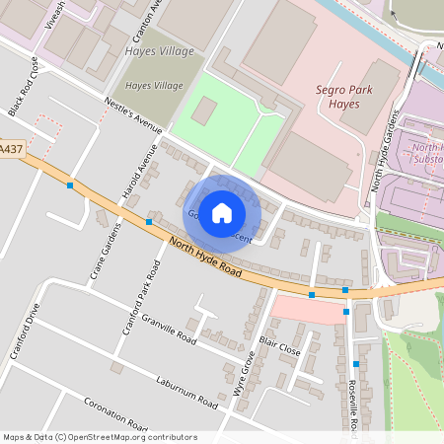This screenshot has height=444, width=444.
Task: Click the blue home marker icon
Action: [x=222, y=212]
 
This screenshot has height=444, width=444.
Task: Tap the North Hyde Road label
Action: [x=205, y=258]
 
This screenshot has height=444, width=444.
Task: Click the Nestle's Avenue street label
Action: [x=131, y=114]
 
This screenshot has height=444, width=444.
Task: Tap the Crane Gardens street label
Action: [x=106, y=251]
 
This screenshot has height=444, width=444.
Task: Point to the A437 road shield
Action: [x=10, y=149]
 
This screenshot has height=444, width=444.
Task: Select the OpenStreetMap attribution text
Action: [x=100, y=437]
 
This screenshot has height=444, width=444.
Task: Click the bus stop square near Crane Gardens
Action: [x=149, y=222]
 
